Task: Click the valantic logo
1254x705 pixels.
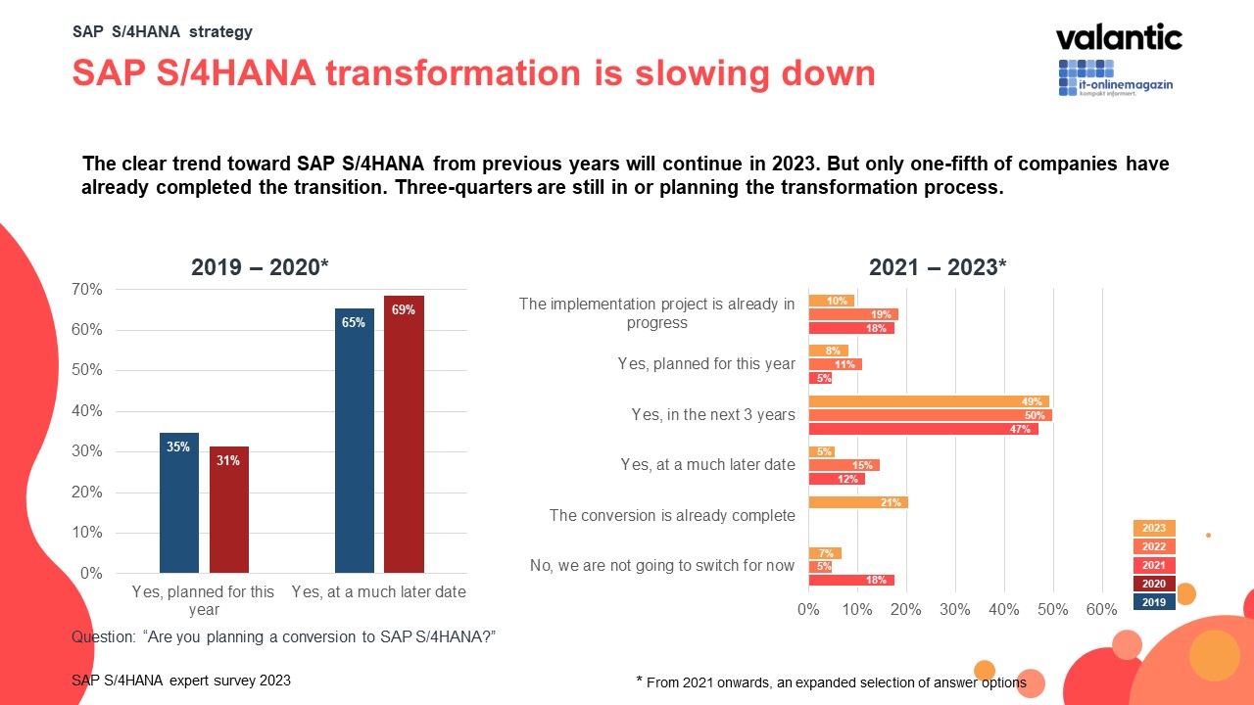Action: pos(1119,38)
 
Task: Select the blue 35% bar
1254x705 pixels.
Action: pos(179,502)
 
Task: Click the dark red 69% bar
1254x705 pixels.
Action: pos(404,434)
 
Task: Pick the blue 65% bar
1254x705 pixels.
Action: pos(354,441)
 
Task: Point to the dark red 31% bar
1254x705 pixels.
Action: pos(228,509)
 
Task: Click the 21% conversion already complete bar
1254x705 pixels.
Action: pos(858,502)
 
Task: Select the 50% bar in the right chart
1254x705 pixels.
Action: pos(930,415)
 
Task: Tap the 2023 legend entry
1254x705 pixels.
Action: pos(1154,529)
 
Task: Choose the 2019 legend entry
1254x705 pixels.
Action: pos(1154,602)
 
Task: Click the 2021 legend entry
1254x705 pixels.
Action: pos(1154,565)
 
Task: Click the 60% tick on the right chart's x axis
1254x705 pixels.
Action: pos(1101,610)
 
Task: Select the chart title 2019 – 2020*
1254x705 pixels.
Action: pos(259,268)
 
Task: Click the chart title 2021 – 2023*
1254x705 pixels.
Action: pos(938,268)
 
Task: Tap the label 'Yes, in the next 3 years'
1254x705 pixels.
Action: pos(713,415)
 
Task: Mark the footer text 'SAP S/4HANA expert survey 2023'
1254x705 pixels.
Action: pos(181,681)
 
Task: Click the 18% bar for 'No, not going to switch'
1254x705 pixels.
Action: pos(851,580)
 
